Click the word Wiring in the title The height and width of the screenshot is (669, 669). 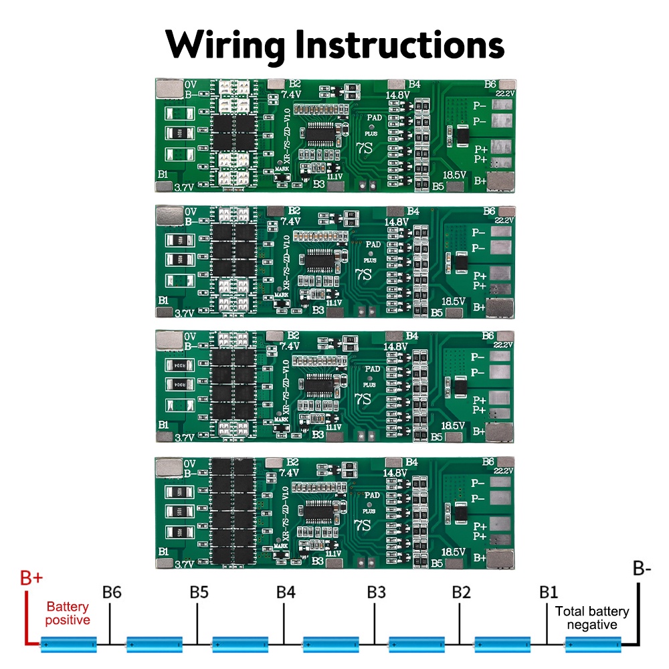point(225,45)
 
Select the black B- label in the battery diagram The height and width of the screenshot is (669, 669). point(642,569)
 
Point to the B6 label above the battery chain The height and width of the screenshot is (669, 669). point(112,593)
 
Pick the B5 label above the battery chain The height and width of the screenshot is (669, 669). point(199,593)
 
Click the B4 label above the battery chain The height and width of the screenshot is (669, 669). point(286,593)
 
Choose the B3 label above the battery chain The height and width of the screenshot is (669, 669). point(376,593)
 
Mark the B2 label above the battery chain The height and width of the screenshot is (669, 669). point(461,593)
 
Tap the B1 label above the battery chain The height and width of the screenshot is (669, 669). point(549,593)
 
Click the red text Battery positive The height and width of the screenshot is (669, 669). point(68,613)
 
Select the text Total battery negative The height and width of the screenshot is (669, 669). point(592,617)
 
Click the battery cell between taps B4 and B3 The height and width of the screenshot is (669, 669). point(329,645)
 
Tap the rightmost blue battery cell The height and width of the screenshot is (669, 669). point(593,645)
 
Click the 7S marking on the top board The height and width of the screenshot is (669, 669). point(363,147)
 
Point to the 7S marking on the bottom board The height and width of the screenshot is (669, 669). point(363,524)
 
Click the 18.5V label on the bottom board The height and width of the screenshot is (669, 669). point(454,552)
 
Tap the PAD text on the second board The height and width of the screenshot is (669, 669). point(373,244)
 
